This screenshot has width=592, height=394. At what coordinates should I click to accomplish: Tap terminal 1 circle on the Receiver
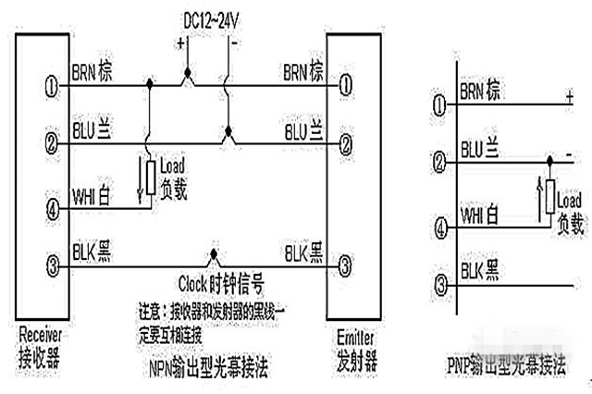pyautogui.click(x=52, y=86)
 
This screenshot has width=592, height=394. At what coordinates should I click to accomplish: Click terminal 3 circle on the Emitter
pyautogui.click(x=344, y=265)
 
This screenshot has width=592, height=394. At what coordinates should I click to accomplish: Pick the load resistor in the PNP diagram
pyautogui.click(x=549, y=195)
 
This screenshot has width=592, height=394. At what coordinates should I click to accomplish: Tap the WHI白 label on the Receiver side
pyautogui.click(x=92, y=194)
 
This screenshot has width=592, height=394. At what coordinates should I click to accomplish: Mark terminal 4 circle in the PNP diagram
pyautogui.click(x=442, y=224)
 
